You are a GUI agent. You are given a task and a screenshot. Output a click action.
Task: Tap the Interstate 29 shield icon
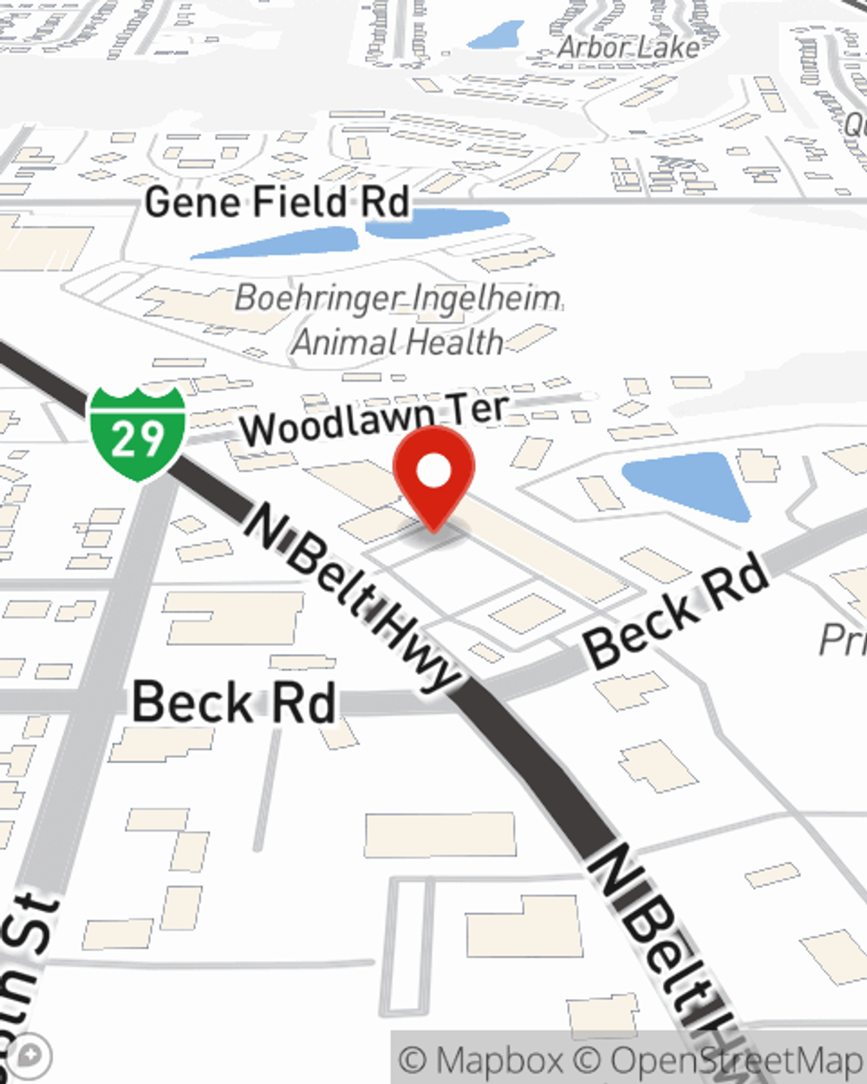click(x=137, y=434)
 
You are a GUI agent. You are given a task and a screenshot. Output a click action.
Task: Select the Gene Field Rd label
click(x=277, y=203)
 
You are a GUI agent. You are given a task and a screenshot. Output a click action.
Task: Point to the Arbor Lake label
click(x=628, y=47)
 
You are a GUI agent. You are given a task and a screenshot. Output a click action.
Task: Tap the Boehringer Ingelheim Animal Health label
click(x=398, y=320)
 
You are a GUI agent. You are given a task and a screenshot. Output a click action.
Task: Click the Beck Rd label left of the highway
click(x=234, y=702)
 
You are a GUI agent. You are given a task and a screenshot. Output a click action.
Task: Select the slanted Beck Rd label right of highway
click(x=676, y=612)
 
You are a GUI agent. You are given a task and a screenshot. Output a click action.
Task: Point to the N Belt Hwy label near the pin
click(x=351, y=598)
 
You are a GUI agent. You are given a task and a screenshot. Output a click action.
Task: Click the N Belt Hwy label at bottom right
click(x=668, y=954)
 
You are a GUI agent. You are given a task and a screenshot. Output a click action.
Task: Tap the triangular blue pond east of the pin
click(x=689, y=481)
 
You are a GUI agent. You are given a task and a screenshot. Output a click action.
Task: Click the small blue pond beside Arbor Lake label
click(x=497, y=36)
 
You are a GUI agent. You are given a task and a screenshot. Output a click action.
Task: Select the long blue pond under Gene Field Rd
click(x=276, y=244)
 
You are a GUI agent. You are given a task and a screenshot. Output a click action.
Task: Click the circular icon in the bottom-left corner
click(x=31, y=1056)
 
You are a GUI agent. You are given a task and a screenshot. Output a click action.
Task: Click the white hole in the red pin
click(x=433, y=472)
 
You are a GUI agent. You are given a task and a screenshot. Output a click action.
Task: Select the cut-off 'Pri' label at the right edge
click(x=841, y=640)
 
